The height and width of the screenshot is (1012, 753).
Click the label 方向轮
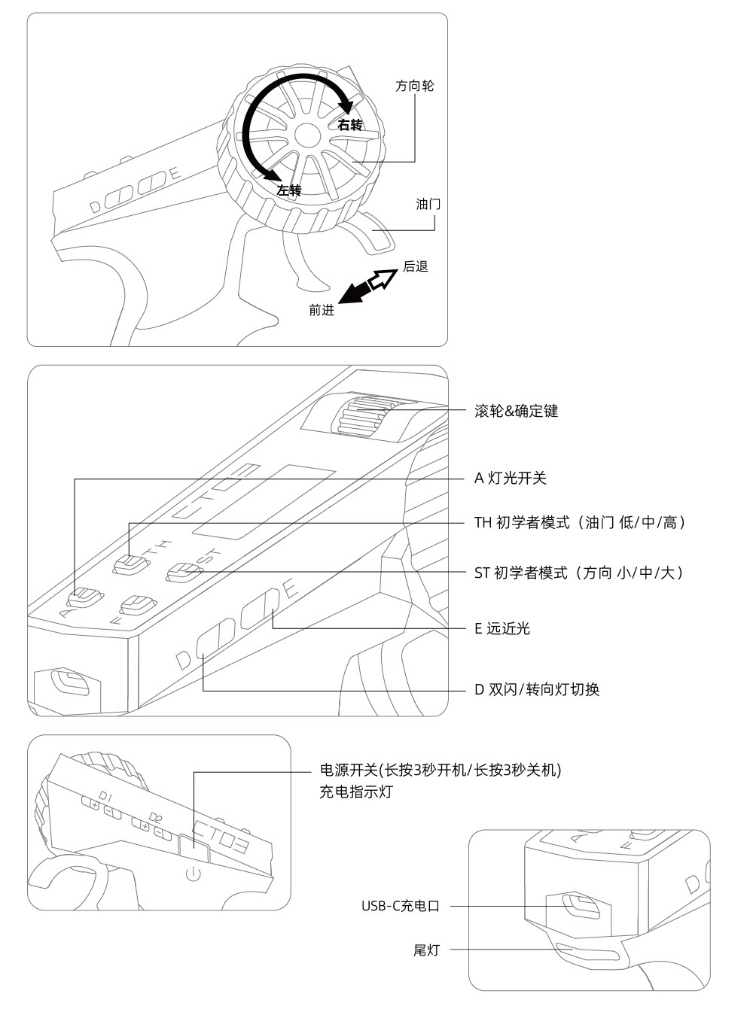[x=415, y=86]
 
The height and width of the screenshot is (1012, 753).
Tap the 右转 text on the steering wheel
[x=350, y=125]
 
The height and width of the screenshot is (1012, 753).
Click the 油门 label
[x=428, y=204]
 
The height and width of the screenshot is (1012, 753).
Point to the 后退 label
[x=416, y=266]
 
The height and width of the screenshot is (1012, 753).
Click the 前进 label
[x=322, y=310]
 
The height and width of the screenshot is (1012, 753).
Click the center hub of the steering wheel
[x=307, y=135]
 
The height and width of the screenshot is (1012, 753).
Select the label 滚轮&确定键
[x=516, y=411]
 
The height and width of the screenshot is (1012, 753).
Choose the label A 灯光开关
[x=510, y=478]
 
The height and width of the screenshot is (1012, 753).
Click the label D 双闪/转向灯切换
[x=536, y=689]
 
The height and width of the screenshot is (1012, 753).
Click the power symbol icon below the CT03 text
[x=194, y=874]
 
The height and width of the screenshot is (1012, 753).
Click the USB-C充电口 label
[x=400, y=906]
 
